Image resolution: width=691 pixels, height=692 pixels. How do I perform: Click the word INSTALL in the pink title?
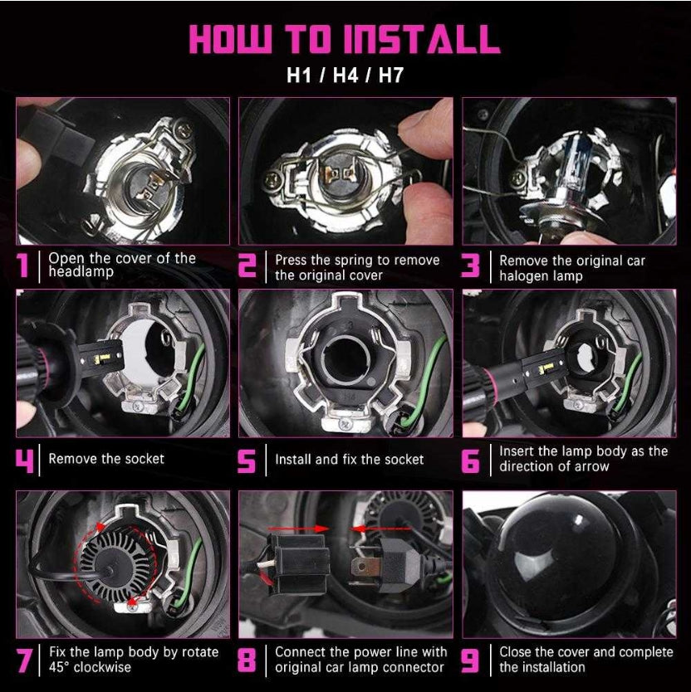[422, 39]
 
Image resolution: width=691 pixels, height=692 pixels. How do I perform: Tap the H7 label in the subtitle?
[391, 75]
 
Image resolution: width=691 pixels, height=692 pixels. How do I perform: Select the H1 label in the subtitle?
[300, 75]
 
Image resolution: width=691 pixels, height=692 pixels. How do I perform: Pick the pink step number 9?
[471, 660]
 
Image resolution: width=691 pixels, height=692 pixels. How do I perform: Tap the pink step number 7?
[24, 660]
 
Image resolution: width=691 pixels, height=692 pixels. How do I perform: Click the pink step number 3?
[471, 266]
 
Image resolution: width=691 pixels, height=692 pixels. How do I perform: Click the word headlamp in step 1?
[81, 271]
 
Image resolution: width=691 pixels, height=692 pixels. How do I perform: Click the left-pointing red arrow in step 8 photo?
[381, 529]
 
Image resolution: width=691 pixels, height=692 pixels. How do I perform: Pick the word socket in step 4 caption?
[145, 459]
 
